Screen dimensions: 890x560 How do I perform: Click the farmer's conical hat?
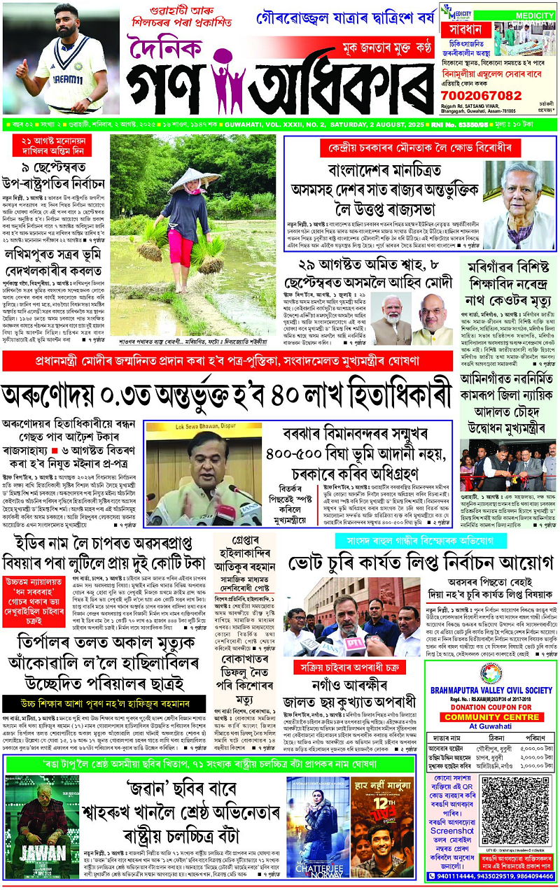point(183,181)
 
